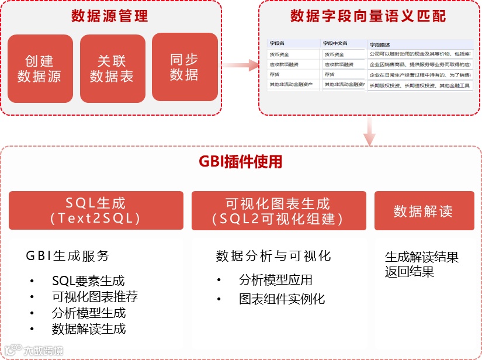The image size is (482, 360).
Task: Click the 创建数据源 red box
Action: (x=40, y=68)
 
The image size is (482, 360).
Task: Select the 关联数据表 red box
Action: (x=112, y=68)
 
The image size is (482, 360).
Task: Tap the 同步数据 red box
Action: (x=185, y=67)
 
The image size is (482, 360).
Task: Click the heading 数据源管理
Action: (x=110, y=16)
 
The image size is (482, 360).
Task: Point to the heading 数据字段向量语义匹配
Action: (x=368, y=16)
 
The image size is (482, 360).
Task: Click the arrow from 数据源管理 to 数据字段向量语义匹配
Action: (x=241, y=65)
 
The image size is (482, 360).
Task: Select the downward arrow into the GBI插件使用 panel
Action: (x=369, y=131)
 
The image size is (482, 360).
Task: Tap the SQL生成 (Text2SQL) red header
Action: (x=95, y=210)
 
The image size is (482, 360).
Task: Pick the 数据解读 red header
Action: (x=423, y=210)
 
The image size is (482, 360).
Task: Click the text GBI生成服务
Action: (x=68, y=256)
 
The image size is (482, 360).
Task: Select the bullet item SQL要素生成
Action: (x=88, y=281)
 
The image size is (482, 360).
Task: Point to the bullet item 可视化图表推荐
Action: (x=95, y=296)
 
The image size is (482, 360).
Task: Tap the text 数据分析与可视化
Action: (x=273, y=256)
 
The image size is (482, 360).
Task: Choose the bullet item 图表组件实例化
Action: (x=282, y=299)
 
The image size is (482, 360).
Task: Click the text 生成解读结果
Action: (x=422, y=257)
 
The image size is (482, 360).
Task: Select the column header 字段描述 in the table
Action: (x=380, y=44)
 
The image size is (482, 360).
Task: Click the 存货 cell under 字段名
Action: (x=275, y=75)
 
